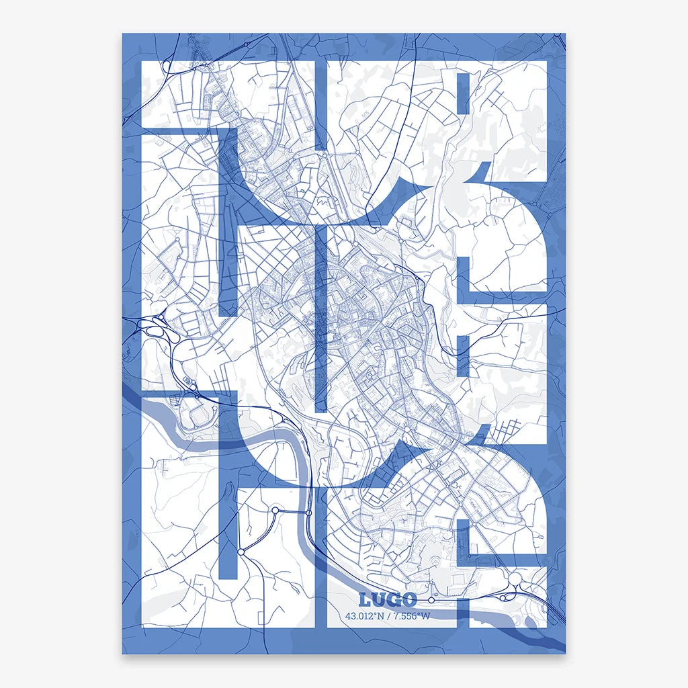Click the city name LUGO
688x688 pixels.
388,599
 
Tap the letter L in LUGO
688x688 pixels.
365,599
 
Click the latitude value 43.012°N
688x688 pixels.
365,615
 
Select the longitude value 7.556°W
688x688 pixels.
411,615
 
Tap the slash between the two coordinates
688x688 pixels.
388,615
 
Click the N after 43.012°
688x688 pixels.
381,615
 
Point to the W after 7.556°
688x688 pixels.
425,615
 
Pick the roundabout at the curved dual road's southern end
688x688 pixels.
241,552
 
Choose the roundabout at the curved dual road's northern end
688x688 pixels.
275,511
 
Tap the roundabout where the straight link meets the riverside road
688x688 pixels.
308,513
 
